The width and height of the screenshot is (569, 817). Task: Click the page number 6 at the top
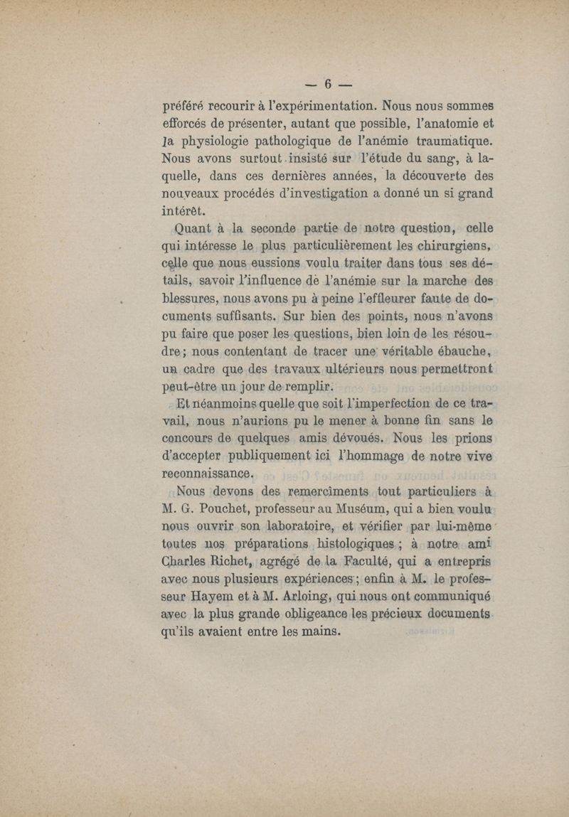(329, 82)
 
